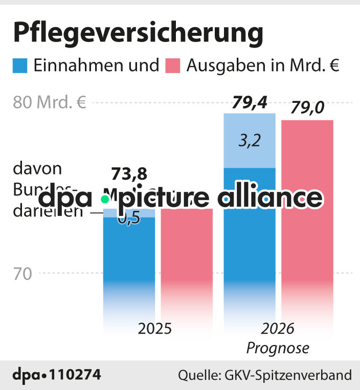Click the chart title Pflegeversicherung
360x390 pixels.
click(138, 33)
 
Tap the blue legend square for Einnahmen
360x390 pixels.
click(20, 66)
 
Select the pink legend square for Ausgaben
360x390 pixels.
click(173, 66)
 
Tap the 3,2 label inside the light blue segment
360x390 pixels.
click(250, 141)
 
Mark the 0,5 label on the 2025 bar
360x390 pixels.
click(129, 219)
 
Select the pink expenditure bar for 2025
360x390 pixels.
click(187, 256)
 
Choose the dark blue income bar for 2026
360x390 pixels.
click(250, 241)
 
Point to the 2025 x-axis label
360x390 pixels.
click(154, 328)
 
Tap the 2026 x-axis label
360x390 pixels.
click(278, 328)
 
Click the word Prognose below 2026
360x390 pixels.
click(278, 348)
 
